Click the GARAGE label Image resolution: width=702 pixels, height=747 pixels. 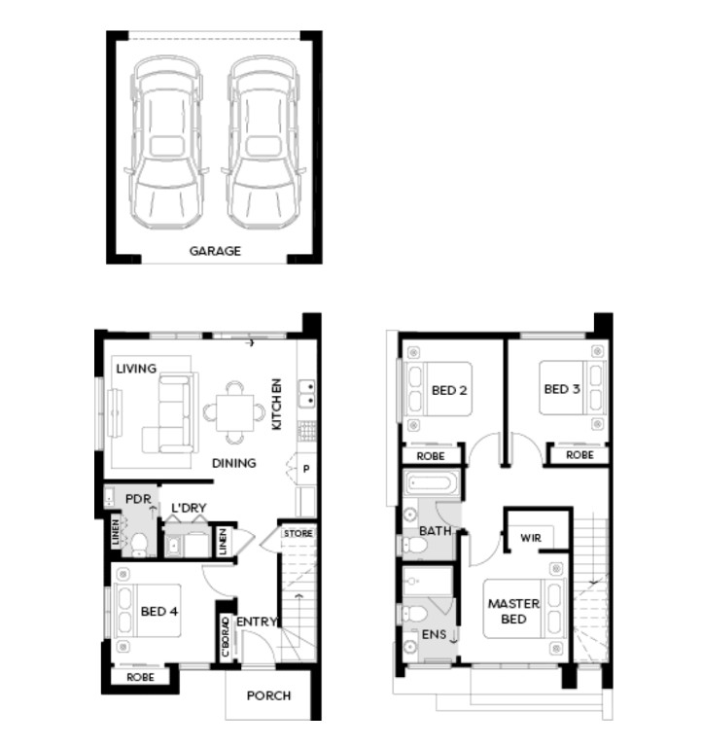coord(215,251)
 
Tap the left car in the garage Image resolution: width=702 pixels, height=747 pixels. coord(166,142)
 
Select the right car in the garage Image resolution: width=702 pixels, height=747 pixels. coord(263,142)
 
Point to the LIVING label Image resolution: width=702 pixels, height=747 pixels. coord(136,369)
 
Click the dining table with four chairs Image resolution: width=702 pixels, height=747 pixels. coord(234,412)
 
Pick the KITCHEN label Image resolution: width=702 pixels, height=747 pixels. coord(276,404)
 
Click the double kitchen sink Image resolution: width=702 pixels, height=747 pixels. coord(306,394)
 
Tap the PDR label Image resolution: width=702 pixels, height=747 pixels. coord(138,499)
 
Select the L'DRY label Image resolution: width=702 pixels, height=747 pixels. coord(189,508)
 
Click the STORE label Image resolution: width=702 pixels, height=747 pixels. coord(298,534)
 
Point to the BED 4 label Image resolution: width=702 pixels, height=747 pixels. coord(159,611)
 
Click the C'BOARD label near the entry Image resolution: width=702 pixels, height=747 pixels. coord(226,637)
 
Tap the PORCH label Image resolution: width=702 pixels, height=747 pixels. coord(268,696)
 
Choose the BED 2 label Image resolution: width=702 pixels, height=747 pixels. coord(449,391)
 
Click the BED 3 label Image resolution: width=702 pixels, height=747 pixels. coord(562,389)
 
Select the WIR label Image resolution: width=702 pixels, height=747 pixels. coord(531,538)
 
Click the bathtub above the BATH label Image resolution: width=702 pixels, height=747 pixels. coord(432,483)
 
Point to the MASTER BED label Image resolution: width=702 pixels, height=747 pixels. coord(513,611)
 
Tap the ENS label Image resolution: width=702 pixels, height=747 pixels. coord(434,634)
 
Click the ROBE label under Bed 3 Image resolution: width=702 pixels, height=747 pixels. coord(579,455)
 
